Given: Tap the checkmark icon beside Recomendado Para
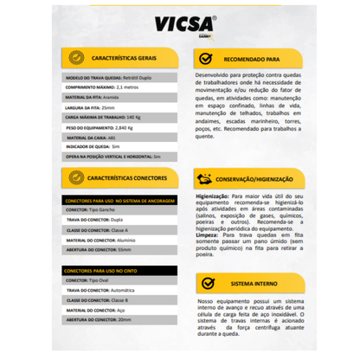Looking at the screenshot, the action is coord(204,59).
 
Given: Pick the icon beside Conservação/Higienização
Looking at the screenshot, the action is coord(204,180).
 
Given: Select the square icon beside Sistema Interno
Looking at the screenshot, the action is coord(208,281).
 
